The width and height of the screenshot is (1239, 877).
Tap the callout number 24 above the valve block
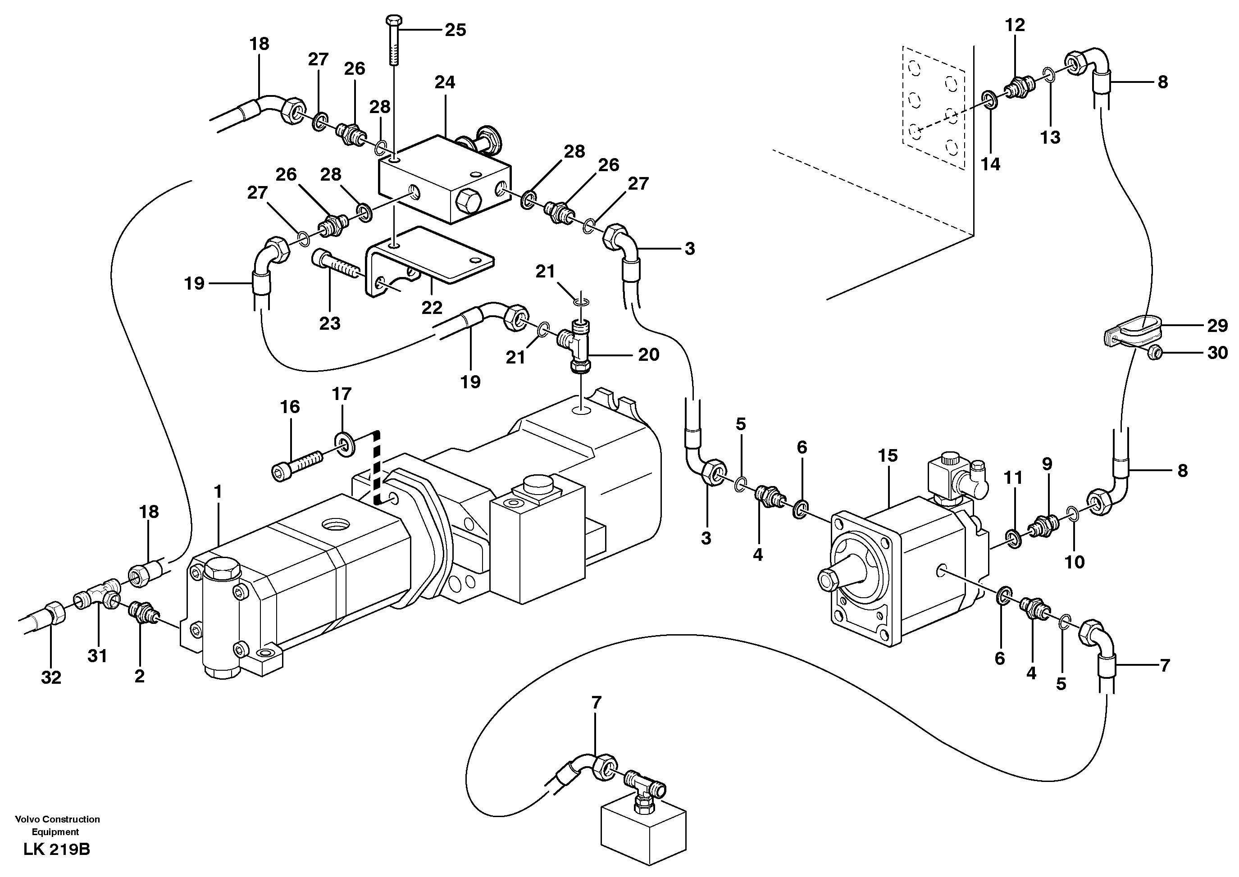[x=445, y=82]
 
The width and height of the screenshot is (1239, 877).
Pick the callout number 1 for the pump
[x=218, y=492]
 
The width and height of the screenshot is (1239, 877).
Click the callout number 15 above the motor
[x=888, y=456]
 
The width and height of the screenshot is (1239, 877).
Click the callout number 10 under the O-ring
[x=1074, y=562]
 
